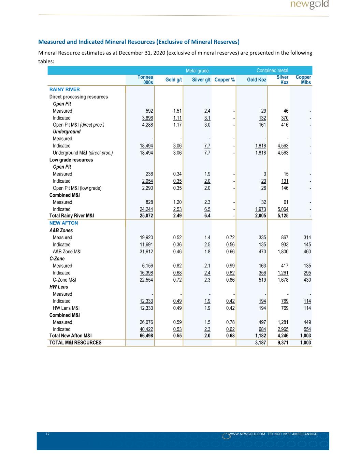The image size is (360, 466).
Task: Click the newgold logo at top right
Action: (309, 4)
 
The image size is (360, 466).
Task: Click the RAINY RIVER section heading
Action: (64, 89)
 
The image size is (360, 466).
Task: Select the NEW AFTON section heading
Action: (63, 223)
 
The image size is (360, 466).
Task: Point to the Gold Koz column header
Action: (257, 80)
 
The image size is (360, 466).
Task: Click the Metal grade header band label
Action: (197, 71)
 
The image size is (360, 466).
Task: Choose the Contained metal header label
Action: (272, 70)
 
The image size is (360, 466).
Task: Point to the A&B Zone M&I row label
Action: (67, 252)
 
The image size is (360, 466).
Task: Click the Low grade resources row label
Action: (71, 160)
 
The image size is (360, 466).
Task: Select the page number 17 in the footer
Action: (48, 434)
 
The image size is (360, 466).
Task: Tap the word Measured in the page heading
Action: (52, 42)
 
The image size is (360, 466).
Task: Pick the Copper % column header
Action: (225, 80)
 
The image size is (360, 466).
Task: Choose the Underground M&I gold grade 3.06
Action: (177, 153)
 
